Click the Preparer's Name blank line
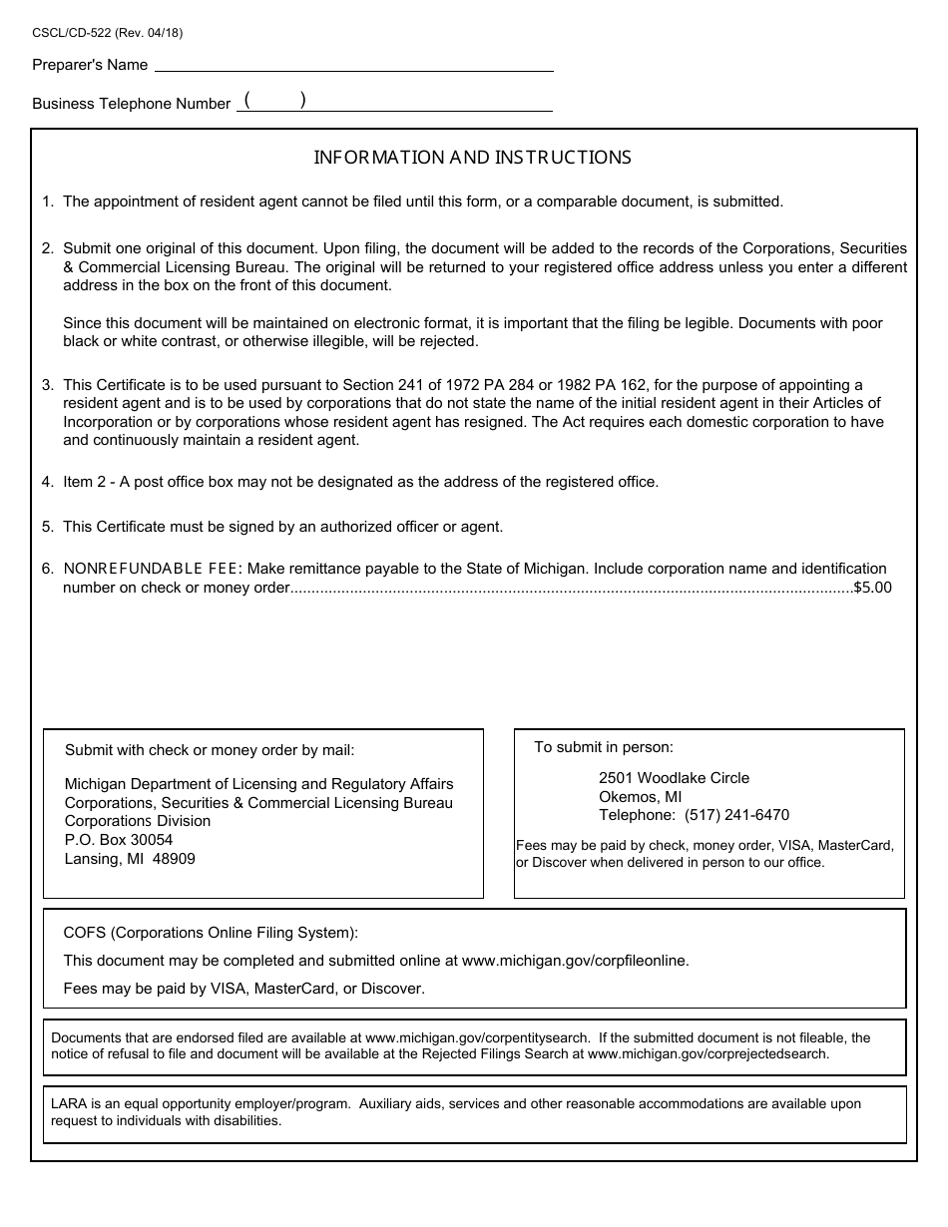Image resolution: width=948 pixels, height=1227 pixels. pyautogui.click(x=353, y=64)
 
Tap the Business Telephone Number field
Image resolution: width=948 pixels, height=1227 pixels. pyautogui.click(x=394, y=102)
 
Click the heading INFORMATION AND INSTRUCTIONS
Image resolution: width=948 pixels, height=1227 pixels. pyautogui.click(x=472, y=158)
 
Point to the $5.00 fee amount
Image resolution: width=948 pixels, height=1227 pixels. pyautogui.click(x=872, y=588)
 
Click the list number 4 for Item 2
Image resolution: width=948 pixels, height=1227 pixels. pyautogui.click(x=47, y=482)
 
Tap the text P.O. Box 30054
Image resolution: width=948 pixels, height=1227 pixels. pyautogui.click(x=119, y=840)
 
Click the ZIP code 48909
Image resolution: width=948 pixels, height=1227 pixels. pyautogui.click(x=174, y=858)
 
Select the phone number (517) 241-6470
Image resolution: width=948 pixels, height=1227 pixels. pyautogui.click(x=736, y=815)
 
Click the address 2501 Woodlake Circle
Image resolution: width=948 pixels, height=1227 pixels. pyautogui.click(x=674, y=778)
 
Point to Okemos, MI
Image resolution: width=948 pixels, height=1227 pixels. pyautogui.click(x=641, y=797)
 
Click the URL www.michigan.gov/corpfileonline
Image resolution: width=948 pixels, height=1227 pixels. pyautogui.click(x=575, y=961)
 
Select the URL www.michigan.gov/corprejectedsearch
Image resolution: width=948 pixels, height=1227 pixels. pyautogui.click(x=708, y=1052)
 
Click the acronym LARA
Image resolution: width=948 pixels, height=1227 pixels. pyautogui.click(x=69, y=1104)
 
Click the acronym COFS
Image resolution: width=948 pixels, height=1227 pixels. pyautogui.click(x=85, y=934)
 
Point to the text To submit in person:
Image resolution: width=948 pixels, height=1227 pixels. pyautogui.click(x=604, y=747)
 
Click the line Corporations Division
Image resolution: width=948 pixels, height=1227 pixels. pyautogui.click(x=138, y=821)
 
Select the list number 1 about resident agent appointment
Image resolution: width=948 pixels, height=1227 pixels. pyautogui.click(x=47, y=202)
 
